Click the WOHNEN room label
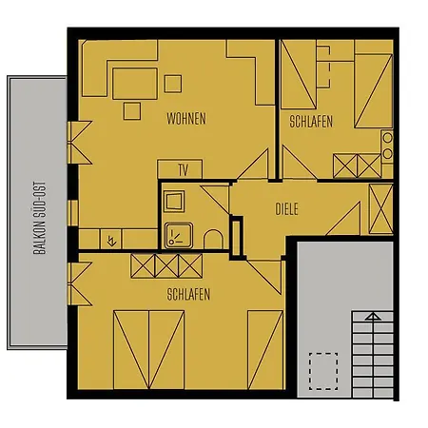185,119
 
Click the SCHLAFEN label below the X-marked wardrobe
187,294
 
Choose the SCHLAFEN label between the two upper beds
312,122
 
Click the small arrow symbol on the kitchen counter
112,240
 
